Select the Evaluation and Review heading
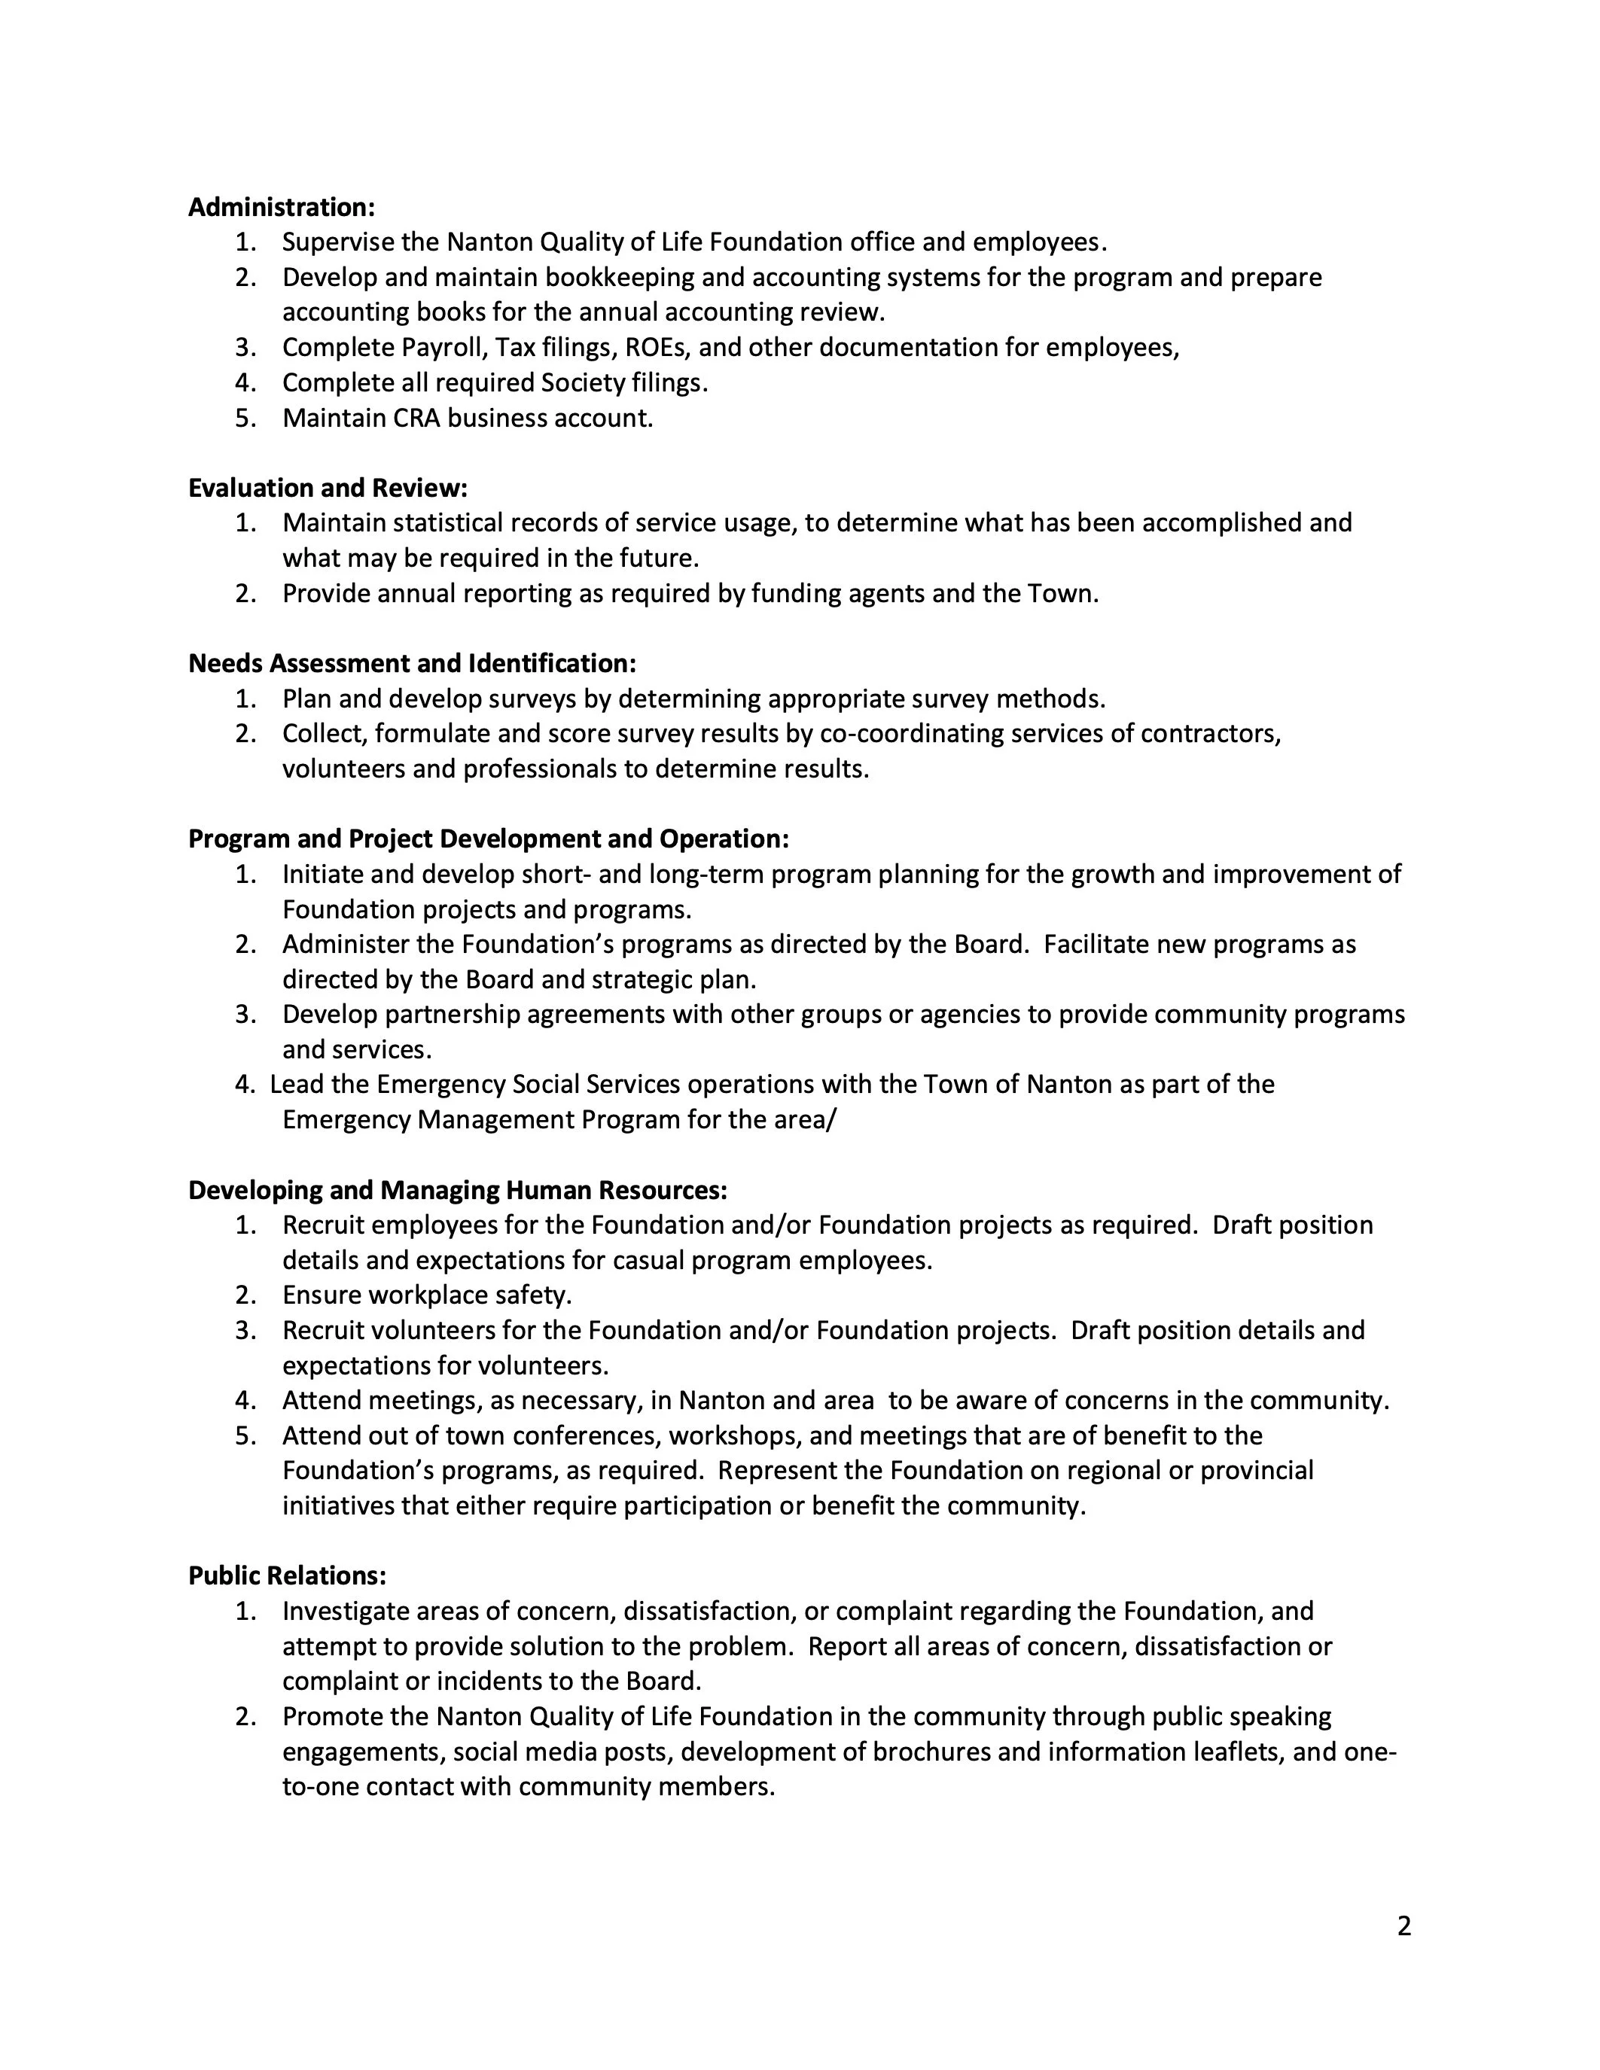[328, 487]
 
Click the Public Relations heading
[287, 1575]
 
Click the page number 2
[1403, 1926]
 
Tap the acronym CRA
[417, 418]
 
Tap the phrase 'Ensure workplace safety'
[425, 1295]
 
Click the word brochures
[931, 1752]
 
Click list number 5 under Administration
[245, 418]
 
